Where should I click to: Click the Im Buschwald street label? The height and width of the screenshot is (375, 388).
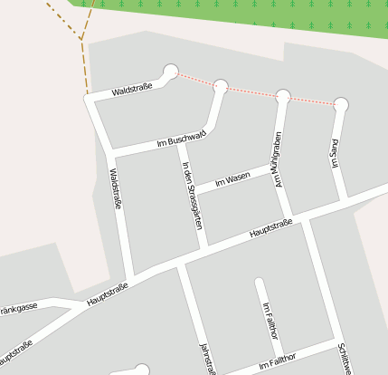click(x=182, y=139)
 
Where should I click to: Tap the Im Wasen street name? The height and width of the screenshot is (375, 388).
click(x=232, y=179)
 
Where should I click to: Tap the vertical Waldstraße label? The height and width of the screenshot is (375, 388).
click(x=115, y=188)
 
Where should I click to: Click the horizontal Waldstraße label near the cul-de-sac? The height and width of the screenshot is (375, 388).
click(x=131, y=90)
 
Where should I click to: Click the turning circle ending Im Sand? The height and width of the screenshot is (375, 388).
click(x=340, y=104)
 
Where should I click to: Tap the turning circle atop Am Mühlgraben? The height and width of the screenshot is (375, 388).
click(x=283, y=96)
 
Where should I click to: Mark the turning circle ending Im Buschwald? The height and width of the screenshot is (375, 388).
click(x=221, y=87)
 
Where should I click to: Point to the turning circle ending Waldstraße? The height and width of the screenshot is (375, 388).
click(x=170, y=71)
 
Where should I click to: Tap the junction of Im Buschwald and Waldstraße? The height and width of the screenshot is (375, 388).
click(x=111, y=153)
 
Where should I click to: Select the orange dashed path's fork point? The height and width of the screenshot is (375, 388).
click(x=81, y=39)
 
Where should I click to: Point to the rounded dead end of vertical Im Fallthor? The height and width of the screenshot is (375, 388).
click(x=260, y=284)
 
